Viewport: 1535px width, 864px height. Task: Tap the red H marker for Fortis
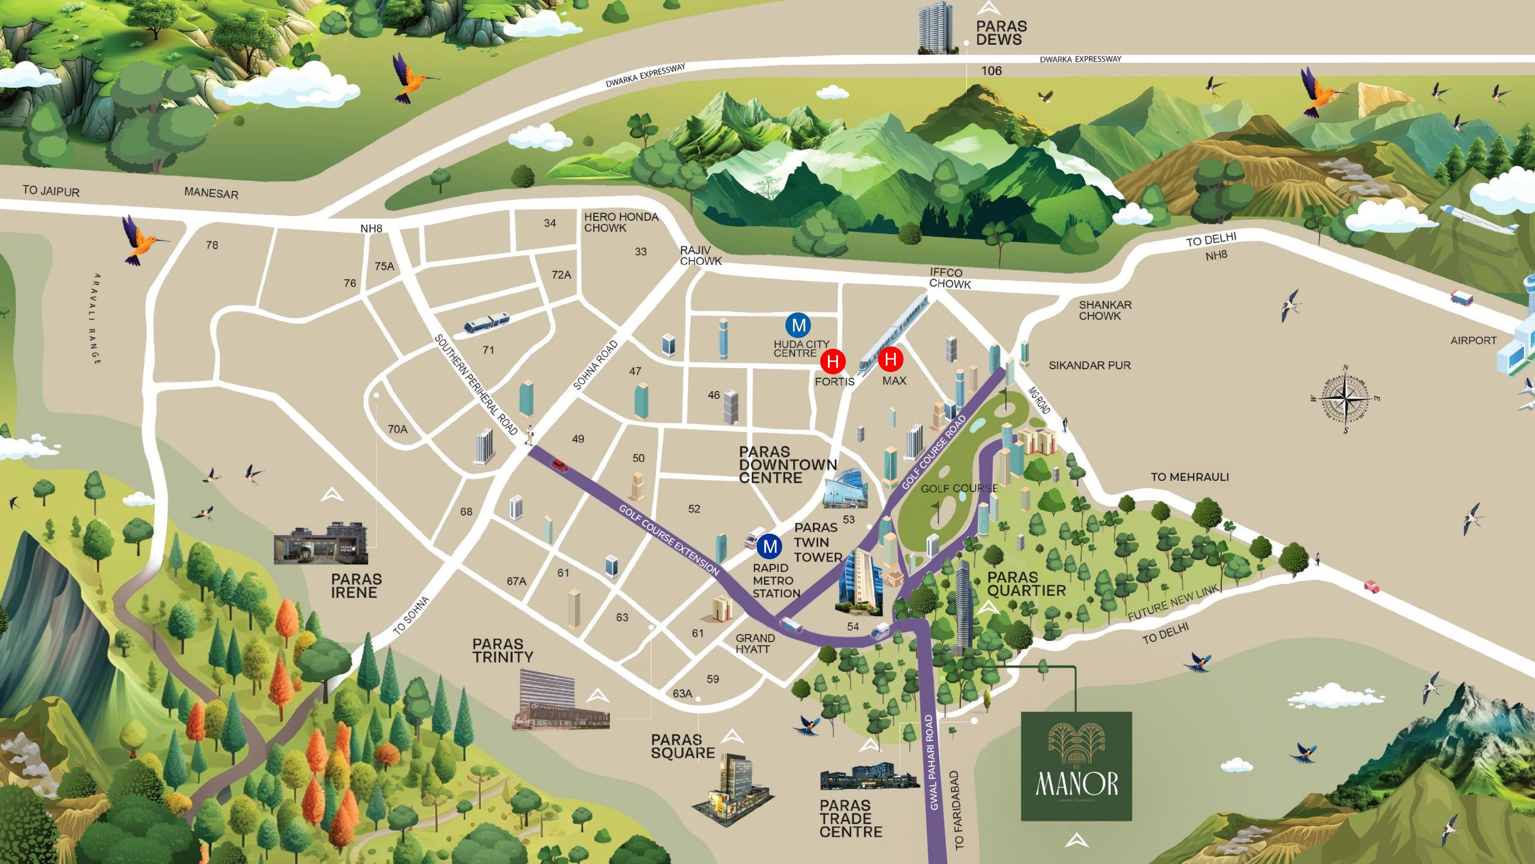click(x=833, y=361)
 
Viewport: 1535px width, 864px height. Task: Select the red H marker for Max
click(x=891, y=359)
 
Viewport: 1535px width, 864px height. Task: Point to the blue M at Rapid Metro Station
click(x=770, y=546)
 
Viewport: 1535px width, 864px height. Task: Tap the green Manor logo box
click(x=1076, y=766)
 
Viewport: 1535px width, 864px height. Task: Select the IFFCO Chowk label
click(x=950, y=278)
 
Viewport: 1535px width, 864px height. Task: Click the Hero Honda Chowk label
click(x=621, y=222)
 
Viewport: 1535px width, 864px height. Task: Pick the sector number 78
click(x=212, y=245)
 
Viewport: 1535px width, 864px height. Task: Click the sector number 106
click(x=992, y=71)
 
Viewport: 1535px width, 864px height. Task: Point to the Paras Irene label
click(x=356, y=586)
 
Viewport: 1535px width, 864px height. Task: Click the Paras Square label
click(x=682, y=746)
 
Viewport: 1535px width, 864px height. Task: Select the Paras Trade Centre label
click(x=850, y=819)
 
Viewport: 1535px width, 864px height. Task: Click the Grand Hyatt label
click(x=755, y=643)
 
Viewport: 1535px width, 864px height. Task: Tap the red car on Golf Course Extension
click(x=559, y=465)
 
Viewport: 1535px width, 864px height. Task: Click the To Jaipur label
click(x=51, y=191)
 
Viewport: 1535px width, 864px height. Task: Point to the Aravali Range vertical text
click(x=96, y=319)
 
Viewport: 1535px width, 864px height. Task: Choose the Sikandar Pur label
click(x=1089, y=365)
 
